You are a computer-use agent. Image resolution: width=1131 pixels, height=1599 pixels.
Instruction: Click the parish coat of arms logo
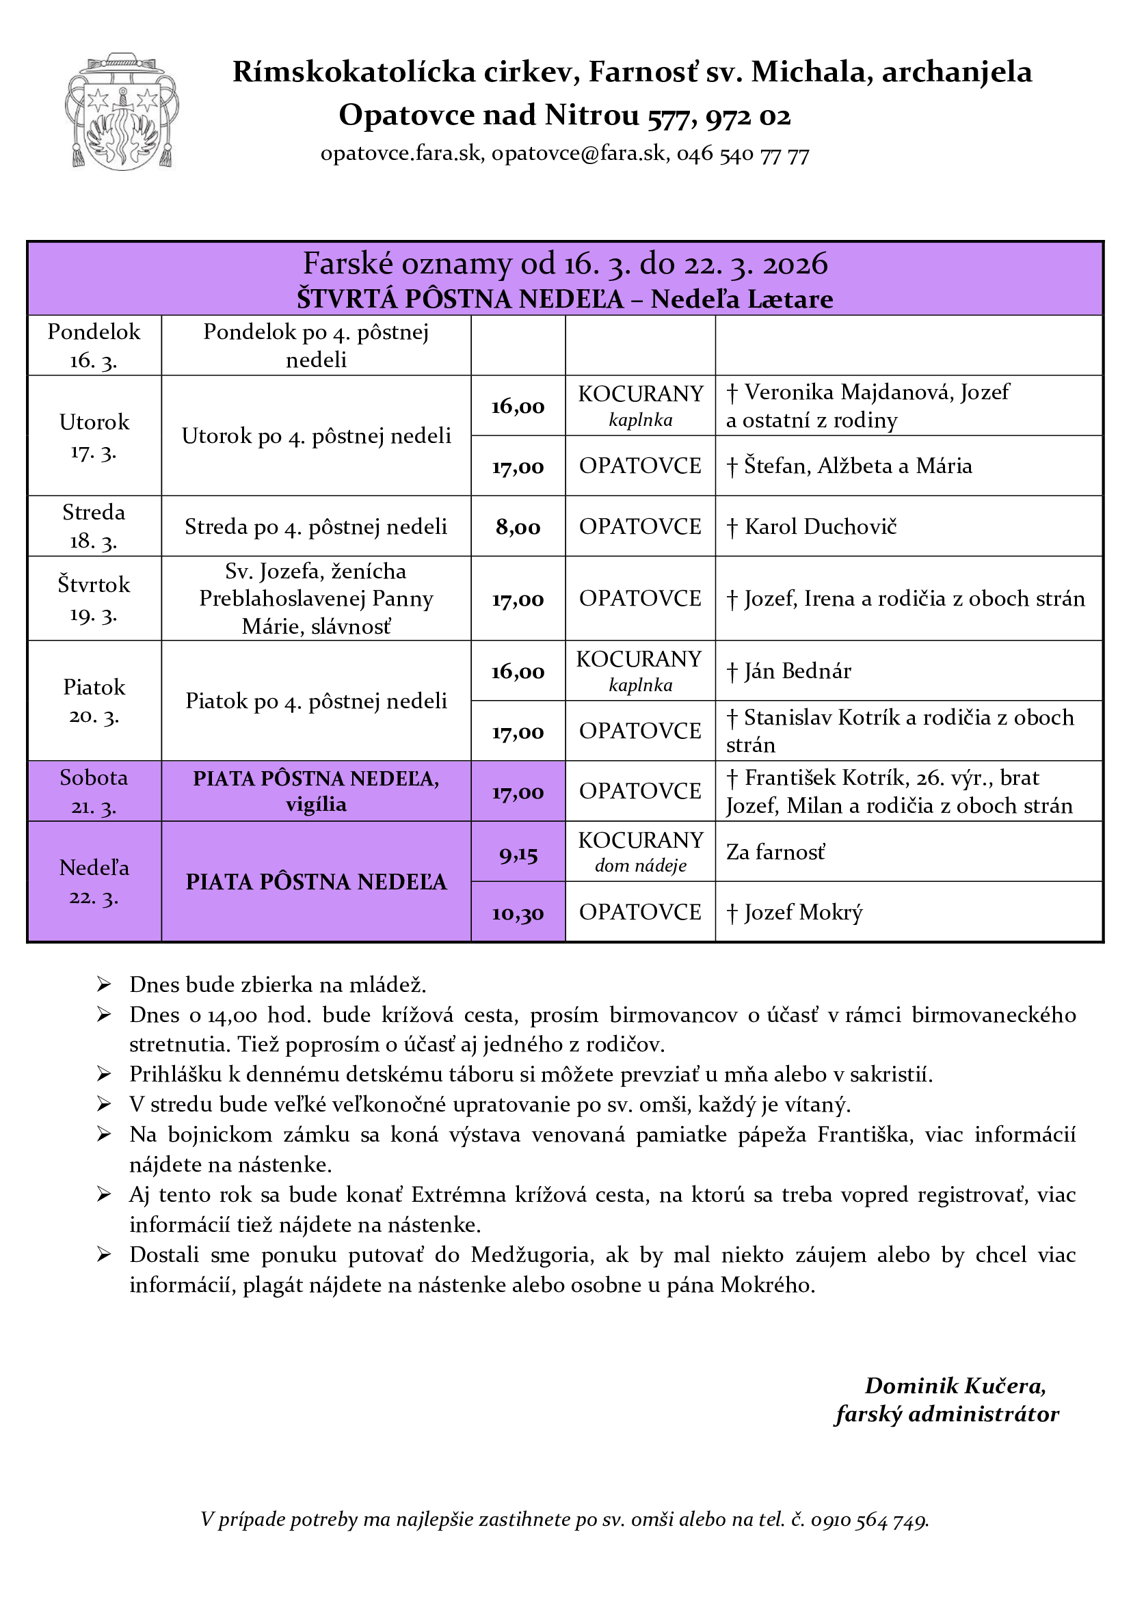pos(121,111)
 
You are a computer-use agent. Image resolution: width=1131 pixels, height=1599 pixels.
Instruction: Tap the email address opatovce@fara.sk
pos(578,153)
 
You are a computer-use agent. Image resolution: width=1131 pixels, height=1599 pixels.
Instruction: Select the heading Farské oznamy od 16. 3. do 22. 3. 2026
pos(565,264)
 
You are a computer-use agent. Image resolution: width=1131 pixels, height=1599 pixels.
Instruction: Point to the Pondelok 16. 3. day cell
pos(94,345)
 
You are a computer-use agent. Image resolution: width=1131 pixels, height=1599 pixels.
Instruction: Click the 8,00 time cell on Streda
pos(518,527)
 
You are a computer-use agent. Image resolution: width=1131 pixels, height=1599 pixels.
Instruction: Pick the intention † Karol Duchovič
pos(812,526)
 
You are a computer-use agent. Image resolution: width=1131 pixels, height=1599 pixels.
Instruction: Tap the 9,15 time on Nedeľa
pos(518,854)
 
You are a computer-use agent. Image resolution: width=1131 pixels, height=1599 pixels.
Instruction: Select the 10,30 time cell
pos(518,913)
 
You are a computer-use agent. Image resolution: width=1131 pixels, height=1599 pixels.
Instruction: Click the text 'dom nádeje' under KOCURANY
pos(640,865)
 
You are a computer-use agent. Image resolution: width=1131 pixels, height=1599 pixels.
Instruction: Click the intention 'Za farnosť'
pos(775,852)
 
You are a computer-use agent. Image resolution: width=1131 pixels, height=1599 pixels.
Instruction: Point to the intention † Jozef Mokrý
pos(794,913)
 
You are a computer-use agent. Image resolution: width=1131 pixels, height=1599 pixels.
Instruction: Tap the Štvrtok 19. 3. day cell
pos(94,599)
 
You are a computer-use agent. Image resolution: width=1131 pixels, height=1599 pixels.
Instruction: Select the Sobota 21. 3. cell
pos(94,792)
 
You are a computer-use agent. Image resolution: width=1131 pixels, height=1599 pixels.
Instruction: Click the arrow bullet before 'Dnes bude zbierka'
pos(104,984)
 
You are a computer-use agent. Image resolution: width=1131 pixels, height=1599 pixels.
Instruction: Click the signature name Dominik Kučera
pos(955,1386)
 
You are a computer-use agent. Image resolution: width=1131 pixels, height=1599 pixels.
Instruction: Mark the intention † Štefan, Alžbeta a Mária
pos(849,466)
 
